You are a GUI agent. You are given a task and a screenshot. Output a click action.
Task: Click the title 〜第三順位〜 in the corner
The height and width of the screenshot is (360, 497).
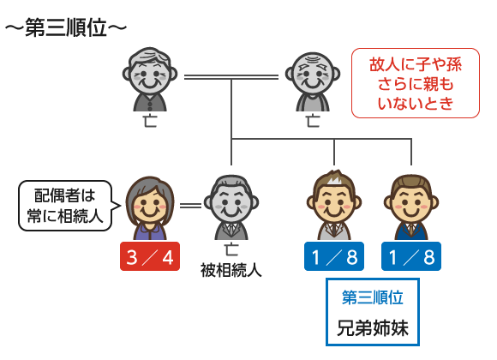pyautogui.click(x=66, y=27)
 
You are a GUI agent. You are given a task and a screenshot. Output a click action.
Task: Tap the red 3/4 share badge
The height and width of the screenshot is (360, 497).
pyautogui.click(x=150, y=256)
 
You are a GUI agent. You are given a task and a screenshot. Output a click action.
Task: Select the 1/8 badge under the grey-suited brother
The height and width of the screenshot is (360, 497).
pyautogui.click(x=334, y=256)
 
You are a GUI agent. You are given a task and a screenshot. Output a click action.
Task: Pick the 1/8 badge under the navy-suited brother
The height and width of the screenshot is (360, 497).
pyautogui.click(x=411, y=256)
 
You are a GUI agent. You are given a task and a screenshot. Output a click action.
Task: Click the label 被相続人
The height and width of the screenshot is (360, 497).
pyautogui.click(x=231, y=271)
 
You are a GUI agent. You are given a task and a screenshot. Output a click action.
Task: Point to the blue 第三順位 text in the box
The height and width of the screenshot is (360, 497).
pyautogui.click(x=373, y=297)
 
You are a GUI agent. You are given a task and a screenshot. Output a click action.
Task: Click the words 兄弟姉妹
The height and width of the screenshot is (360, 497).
pyautogui.click(x=373, y=327)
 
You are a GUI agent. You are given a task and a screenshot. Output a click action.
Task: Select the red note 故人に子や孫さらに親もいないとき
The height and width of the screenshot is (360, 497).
pyautogui.click(x=416, y=83)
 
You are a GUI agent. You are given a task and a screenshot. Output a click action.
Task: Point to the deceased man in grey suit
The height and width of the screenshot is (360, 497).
pyautogui.click(x=231, y=207)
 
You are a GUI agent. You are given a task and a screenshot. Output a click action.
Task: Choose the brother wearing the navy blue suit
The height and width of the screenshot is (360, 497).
pyautogui.click(x=411, y=207)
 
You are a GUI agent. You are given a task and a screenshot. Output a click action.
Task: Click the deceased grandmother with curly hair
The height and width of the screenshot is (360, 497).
pyautogui.click(x=150, y=80)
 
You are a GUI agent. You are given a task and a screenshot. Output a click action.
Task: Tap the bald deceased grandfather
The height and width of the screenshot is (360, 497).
pyautogui.click(x=313, y=81)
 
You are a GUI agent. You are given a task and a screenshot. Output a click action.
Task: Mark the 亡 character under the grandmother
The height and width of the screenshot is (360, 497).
pyautogui.click(x=150, y=121)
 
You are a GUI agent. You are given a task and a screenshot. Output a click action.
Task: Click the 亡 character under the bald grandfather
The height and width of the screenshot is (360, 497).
pyautogui.click(x=313, y=121)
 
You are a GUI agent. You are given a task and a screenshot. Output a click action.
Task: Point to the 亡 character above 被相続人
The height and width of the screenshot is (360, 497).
pyautogui.click(x=231, y=249)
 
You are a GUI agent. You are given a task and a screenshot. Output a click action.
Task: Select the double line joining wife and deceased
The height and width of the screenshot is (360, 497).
pyautogui.click(x=190, y=206)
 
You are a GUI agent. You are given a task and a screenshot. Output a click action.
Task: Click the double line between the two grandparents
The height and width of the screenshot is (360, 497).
pyautogui.click(x=231, y=77)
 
